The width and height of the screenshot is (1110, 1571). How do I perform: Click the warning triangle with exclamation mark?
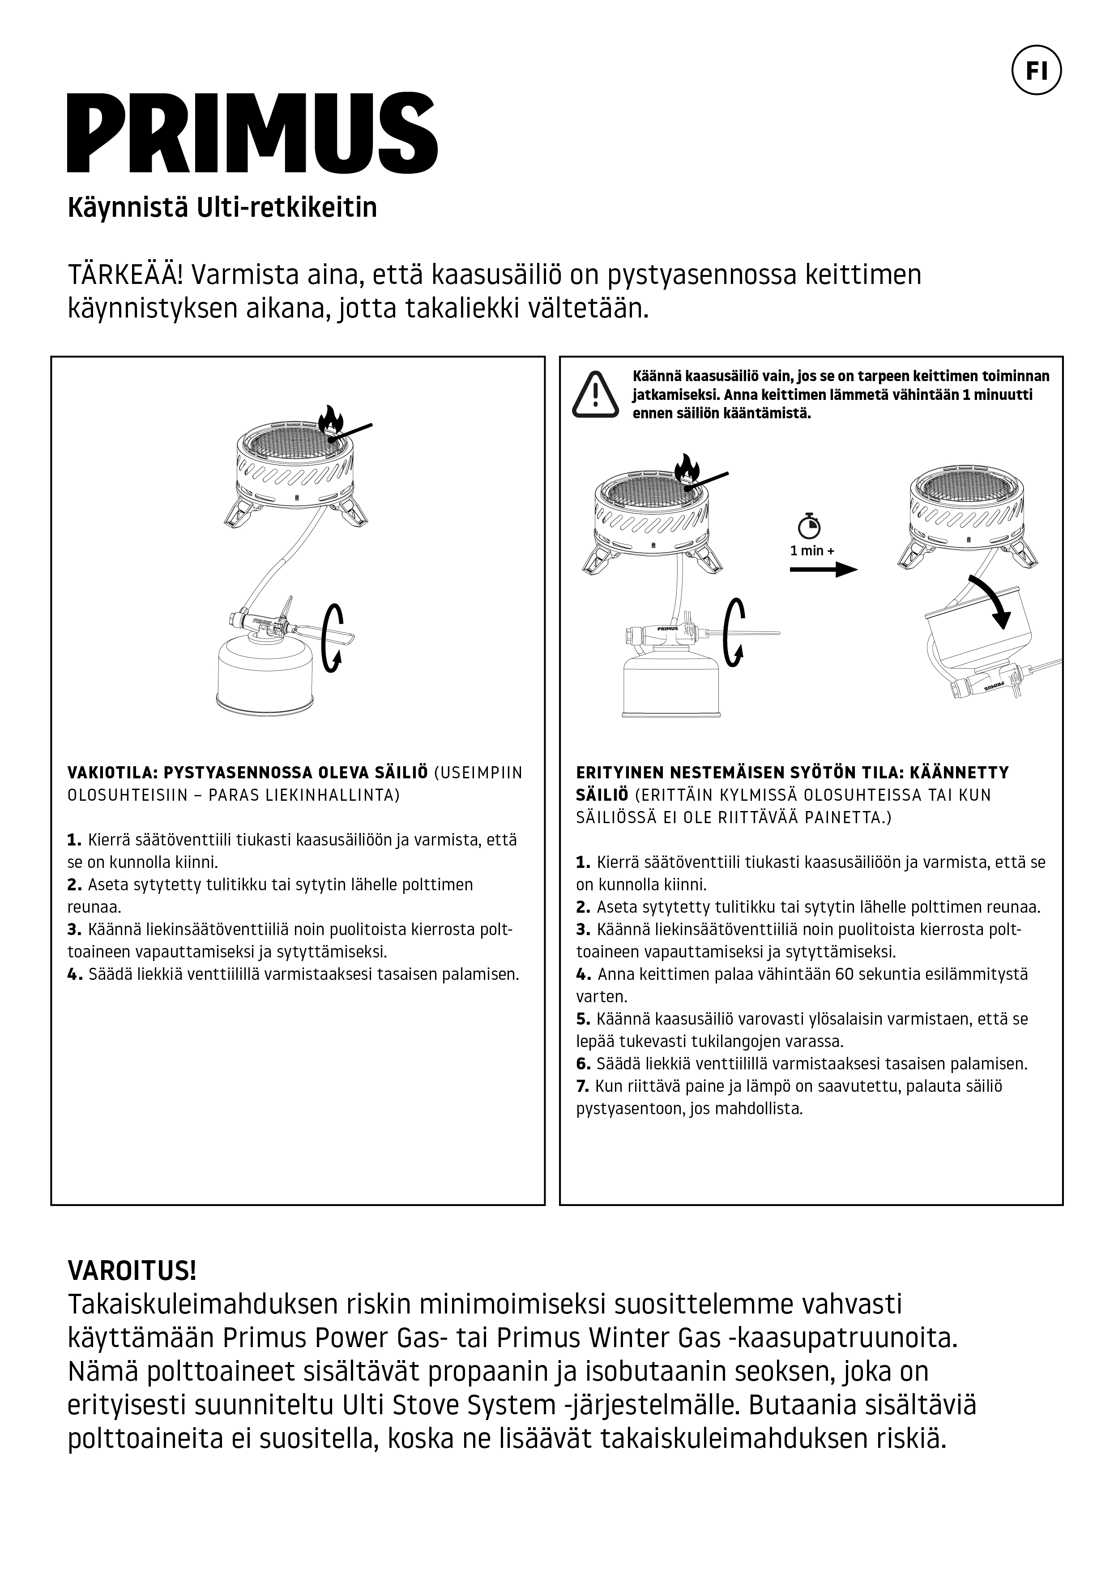coord(595,395)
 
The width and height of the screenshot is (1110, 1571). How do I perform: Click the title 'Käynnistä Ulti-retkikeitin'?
coord(222,207)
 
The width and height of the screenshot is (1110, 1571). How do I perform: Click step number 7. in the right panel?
coord(583,1086)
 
